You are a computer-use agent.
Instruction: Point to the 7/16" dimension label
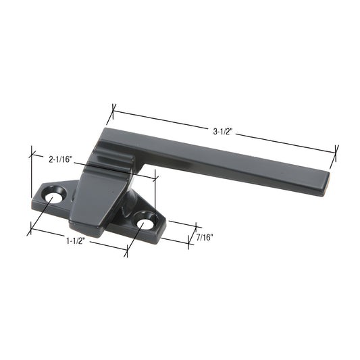[203, 237]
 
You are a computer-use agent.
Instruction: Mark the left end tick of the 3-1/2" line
[114, 108]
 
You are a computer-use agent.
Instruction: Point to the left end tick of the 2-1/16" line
[32, 155]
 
